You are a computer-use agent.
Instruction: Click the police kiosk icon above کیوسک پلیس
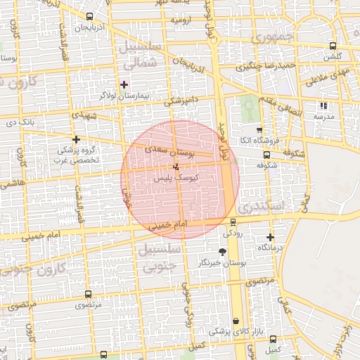176,167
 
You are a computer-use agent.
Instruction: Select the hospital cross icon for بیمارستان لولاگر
124,84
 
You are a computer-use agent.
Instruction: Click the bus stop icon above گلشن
333,46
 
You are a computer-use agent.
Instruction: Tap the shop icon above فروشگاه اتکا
259,130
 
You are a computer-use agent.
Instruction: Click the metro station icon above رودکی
233,223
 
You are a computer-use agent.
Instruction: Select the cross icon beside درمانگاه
271,238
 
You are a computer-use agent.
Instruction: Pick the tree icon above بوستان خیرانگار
223,252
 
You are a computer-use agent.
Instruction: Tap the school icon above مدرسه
323,106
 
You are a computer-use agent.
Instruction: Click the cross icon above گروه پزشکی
76,139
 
